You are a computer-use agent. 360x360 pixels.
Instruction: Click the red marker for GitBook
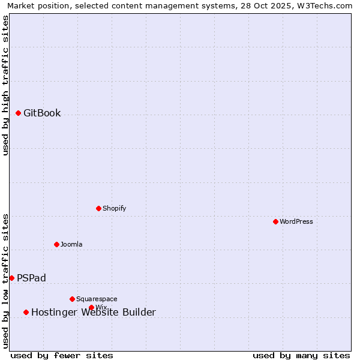click(x=18, y=113)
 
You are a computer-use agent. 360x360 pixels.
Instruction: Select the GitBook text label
click(x=42, y=113)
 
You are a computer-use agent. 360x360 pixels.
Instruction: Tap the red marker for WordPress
click(x=275, y=221)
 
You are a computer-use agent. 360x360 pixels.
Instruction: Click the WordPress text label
click(x=296, y=221)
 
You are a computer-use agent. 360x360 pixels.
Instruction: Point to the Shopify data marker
click(x=98, y=208)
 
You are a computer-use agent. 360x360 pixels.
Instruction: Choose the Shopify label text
click(x=114, y=208)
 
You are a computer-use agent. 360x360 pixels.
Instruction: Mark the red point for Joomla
click(x=56, y=244)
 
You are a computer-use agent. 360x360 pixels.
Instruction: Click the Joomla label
click(x=71, y=244)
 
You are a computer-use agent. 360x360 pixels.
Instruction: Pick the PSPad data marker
click(x=11, y=278)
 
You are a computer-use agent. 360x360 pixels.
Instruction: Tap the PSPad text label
click(x=31, y=278)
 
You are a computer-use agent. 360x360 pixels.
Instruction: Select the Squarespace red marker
click(x=72, y=299)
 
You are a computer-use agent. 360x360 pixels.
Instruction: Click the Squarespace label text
click(x=97, y=299)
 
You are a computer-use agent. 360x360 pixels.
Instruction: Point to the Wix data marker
click(x=91, y=307)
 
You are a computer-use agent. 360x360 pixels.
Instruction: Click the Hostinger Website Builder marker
click(x=26, y=312)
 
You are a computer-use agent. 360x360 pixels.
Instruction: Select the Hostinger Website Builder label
click(x=93, y=312)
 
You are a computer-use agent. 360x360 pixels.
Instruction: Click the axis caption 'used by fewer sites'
click(x=62, y=355)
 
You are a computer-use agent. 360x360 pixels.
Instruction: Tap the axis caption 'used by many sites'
click(x=301, y=355)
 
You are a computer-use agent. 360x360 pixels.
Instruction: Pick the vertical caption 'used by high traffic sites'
click(x=5, y=85)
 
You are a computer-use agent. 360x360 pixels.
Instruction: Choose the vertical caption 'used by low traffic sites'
click(x=5, y=280)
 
